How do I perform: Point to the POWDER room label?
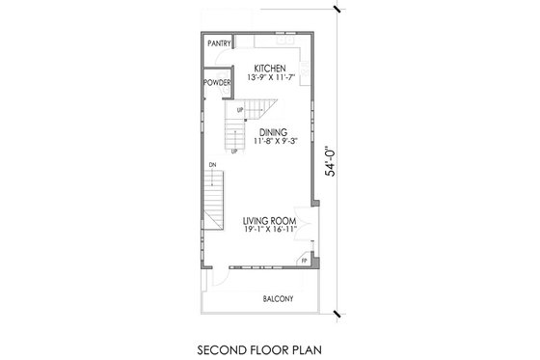pyautogui.click(x=217, y=84)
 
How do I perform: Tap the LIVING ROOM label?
pyautogui.click(x=271, y=222)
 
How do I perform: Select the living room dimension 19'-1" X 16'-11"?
pyautogui.click(x=271, y=232)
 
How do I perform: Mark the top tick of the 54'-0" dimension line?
pyautogui.click(x=337, y=9)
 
